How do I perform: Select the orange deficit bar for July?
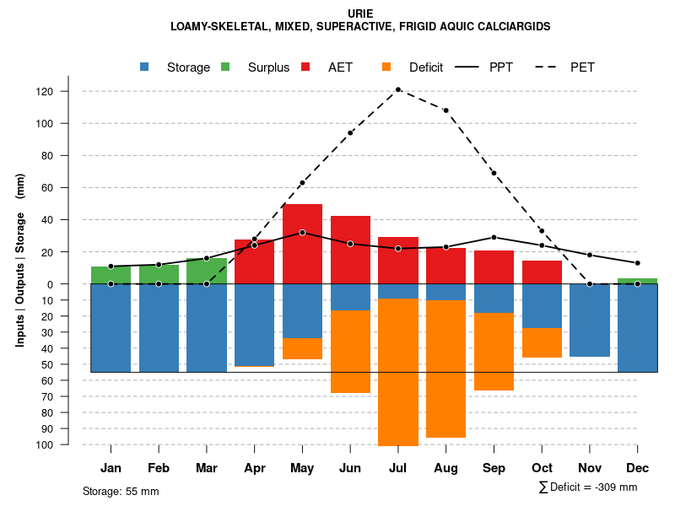point(397,371)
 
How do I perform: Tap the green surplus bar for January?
point(111,275)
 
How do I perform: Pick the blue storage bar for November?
point(589,320)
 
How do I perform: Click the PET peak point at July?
point(397,89)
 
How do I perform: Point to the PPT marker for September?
point(494,237)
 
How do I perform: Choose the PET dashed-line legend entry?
point(583,67)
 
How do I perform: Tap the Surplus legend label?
point(268,67)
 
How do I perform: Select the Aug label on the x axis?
point(445,468)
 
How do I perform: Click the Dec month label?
point(637,468)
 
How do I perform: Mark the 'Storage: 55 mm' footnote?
point(121,491)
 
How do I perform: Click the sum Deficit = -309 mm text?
point(588,487)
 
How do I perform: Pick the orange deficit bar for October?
point(542,342)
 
